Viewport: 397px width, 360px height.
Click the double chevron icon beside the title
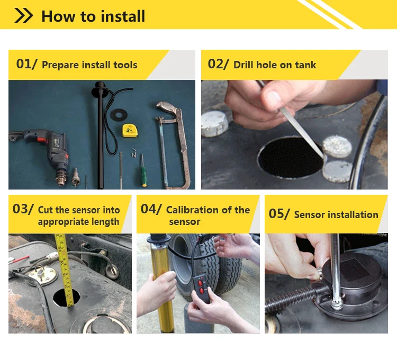click(x=23, y=15)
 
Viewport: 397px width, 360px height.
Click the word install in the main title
click(x=123, y=16)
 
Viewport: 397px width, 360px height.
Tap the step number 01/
click(x=26, y=64)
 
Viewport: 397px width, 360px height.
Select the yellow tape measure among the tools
click(x=130, y=130)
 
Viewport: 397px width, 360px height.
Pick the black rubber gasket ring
click(x=119, y=115)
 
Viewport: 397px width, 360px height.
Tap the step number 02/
click(x=218, y=64)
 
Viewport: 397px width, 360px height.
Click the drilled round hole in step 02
click(x=291, y=158)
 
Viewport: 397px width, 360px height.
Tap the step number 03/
click(x=23, y=209)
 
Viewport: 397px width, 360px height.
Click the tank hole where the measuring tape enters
click(x=66, y=298)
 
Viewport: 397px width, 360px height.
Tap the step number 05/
click(x=279, y=214)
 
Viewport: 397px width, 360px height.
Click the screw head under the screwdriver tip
click(x=337, y=304)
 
